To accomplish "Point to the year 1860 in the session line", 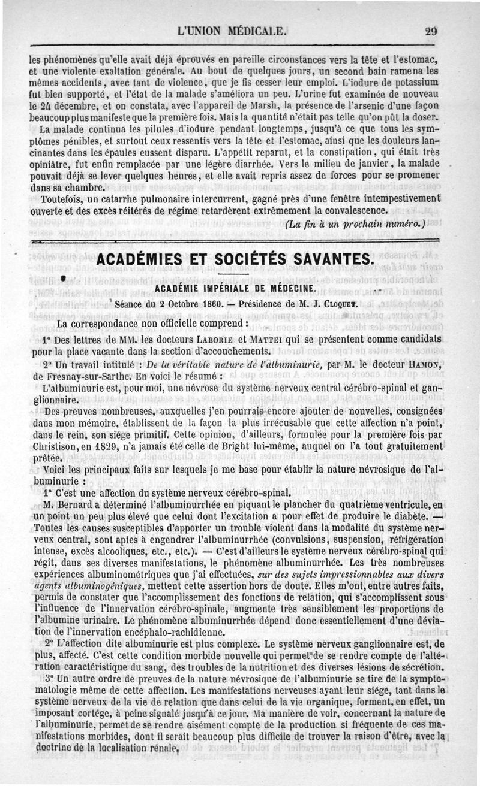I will pyautogui.click(x=205, y=304).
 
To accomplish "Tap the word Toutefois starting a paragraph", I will pyautogui.click(x=62, y=199).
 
